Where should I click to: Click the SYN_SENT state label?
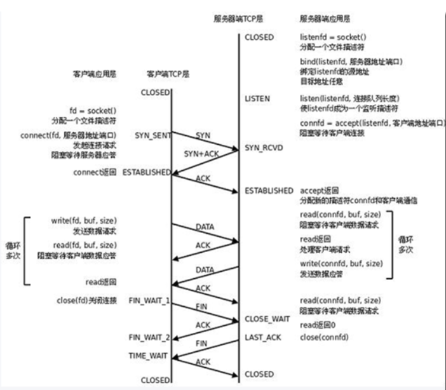[151, 135]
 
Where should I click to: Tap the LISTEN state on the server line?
[257, 100]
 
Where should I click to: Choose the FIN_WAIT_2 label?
[149, 337]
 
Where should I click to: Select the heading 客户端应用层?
[93, 74]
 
